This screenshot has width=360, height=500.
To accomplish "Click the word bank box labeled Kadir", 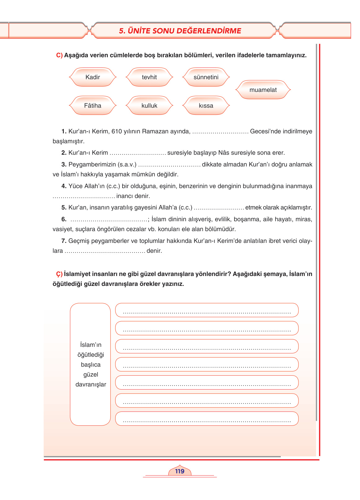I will pyautogui.click(x=93, y=77).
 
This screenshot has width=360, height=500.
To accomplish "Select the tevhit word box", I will pyautogui.click(x=149, y=77).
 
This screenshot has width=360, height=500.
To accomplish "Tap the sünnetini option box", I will pyautogui.click(x=206, y=77).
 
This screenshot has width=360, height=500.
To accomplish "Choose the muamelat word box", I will pyautogui.click(x=263, y=90).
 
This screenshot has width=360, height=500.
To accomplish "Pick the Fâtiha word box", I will pyautogui.click(x=93, y=106).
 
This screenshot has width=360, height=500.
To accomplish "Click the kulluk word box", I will pyautogui.click(x=149, y=106).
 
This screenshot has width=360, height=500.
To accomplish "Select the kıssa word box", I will pyautogui.click(x=206, y=106).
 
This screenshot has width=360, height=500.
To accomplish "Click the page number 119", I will pyautogui.click(x=180, y=471).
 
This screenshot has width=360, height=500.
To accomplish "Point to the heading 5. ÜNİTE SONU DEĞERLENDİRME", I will pyautogui.click(x=180, y=31).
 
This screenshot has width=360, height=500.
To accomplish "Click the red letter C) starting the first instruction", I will pyautogui.click(x=59, y=55).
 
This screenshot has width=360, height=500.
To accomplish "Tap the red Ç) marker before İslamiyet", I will pyautogui.click(x=59, y=274).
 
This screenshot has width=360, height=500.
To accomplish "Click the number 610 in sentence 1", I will pyautogui.click(x=117, y=131).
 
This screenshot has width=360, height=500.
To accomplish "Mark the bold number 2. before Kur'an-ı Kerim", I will pyautogui.click(x=64, y=153).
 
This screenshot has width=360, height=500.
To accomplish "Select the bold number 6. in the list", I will pyautogui.click(x=64, y=219).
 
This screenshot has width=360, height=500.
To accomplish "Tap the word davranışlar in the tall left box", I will pyautogui.click(x=91, y=385).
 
